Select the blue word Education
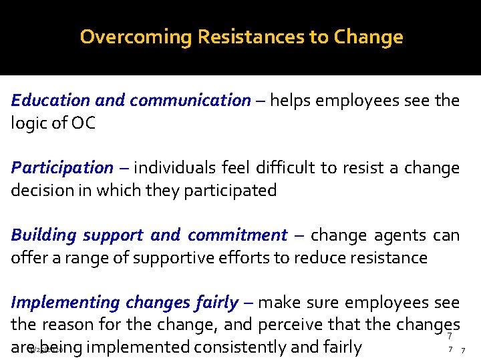(x=51, y=101)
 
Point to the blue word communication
(x=190, y=101)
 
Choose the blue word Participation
(x=62, y=168)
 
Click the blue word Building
(x=45, y=235)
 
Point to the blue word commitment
(x=237, y=235)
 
